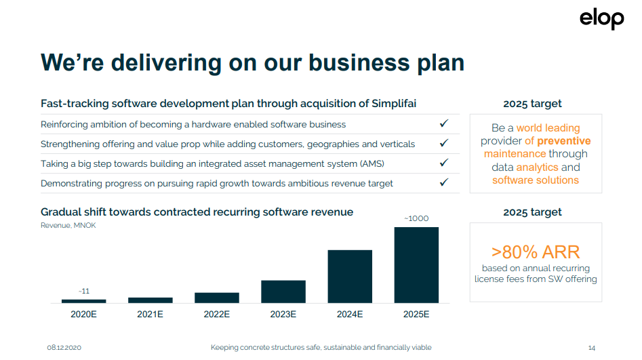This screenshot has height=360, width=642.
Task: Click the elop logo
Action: (601, 19)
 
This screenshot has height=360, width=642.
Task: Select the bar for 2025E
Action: (416, 265)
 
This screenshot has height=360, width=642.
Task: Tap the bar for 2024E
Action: (350, 277)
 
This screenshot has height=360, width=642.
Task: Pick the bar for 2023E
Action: (283, 292)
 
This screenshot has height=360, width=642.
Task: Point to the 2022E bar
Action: (217, 298)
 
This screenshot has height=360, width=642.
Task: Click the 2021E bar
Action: (151, 300)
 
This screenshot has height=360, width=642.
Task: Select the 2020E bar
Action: (84, 301)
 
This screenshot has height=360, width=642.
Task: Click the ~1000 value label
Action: (416, 219)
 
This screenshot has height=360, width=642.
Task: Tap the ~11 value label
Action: (84, 292)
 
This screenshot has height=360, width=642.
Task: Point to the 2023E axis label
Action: (283, 314)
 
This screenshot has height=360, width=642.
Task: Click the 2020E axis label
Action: (84, 314)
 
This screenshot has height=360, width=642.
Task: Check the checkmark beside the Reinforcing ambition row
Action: (444, 123)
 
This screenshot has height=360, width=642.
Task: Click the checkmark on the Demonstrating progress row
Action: (444, 182)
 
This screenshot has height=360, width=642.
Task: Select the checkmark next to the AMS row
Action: (444, 163)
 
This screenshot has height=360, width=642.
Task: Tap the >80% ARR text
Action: (536, 252)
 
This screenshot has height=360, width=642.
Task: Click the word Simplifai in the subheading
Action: (394, 104)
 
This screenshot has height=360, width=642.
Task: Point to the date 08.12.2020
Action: (64, 348)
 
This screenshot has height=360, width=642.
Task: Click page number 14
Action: (592, 348)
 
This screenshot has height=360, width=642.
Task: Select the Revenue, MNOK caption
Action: (68, 225)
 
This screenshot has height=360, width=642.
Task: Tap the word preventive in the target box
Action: (564, 141)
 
